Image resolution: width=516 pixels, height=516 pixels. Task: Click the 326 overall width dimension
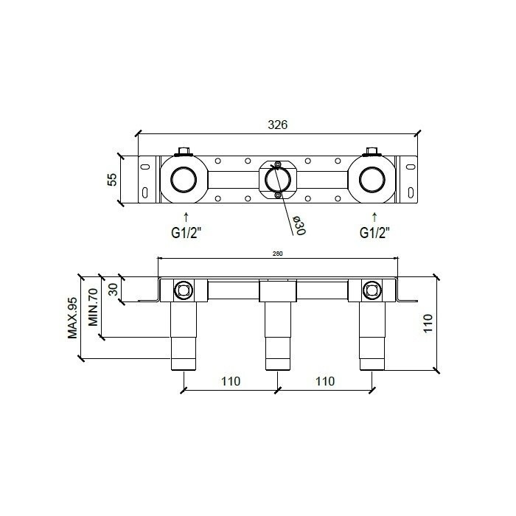(x=277, y=125)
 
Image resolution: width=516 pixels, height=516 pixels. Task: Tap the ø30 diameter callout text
(x=299, y=226)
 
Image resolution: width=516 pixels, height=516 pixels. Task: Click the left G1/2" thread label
(x=186, y=233)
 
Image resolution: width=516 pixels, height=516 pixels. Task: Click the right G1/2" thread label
(x=374, y=233)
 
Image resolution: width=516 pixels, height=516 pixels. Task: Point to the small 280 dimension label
(x=278, y=254)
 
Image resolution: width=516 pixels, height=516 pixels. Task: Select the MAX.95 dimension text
(x=72, y=317)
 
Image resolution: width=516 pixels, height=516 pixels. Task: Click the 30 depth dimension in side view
(x=113, y=290)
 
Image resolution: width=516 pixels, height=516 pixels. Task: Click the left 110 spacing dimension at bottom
(x=231, y=381)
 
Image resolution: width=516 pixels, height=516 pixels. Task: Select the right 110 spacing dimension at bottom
(x=324, y=381)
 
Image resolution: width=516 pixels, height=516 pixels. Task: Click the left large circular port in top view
(x=183, y=181)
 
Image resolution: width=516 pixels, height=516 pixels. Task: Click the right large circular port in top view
(x=372, y=181)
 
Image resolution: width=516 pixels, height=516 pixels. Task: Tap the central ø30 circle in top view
(x=277, y=181)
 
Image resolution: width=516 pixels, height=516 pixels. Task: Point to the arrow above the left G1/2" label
(x=186, y=217)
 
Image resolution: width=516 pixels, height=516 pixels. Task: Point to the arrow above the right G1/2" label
(x=374, y=217)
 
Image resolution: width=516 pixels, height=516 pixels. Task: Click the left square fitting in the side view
(x=183, y=290)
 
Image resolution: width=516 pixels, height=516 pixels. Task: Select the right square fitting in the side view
(x=372, y=290)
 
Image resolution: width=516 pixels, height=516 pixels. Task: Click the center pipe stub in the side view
(x=277, y=332)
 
